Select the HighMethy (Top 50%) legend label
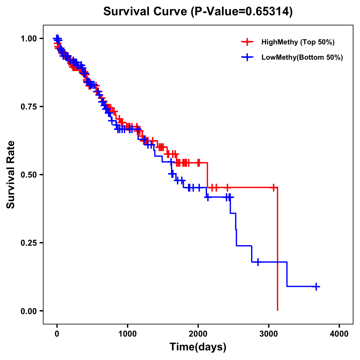click(x=298, y=42)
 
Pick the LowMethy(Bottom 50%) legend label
click(x=302, y=58)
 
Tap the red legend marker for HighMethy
click(x=247, y=42)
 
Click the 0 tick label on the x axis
click(x=57, y=334)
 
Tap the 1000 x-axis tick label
click(x=127, y=334)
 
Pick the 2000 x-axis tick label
click(x=198, y=334)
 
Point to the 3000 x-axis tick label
click(x=269, y=334)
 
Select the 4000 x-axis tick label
click(x=339, y=334)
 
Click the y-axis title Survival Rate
click(x=11, y=175)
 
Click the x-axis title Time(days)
click(x=198, y=347)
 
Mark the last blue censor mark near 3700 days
click(x=316, y=286)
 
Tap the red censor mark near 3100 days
click(x=273, y=188)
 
